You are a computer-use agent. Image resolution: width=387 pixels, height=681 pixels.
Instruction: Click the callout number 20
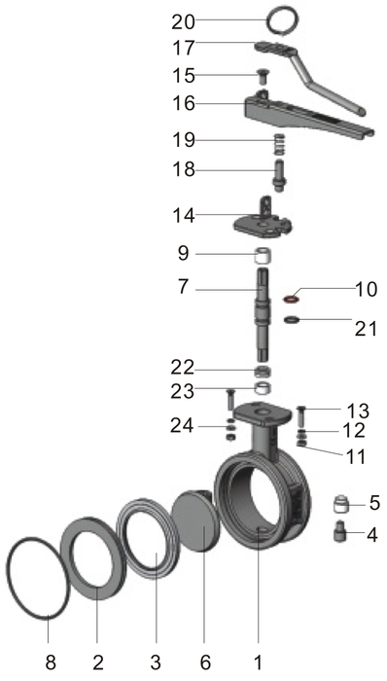point(183,20)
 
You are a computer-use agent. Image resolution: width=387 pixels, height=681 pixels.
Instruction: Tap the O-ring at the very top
point(283,19)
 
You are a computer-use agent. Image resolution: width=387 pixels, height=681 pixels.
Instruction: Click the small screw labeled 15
point(263,75)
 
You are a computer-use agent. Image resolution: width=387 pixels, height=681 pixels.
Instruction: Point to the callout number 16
point(183,102)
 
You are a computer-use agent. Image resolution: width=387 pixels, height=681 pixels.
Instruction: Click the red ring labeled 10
point(292,296)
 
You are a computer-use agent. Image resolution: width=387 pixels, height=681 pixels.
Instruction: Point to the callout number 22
point(183,368)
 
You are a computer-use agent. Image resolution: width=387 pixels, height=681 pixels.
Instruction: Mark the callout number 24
point(183,425)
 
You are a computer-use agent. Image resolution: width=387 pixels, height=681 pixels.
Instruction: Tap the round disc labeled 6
point(201,525)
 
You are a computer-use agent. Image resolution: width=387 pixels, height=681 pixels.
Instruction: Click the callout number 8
point(51,663)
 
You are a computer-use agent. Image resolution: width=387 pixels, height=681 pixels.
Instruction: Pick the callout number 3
point(155,663)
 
